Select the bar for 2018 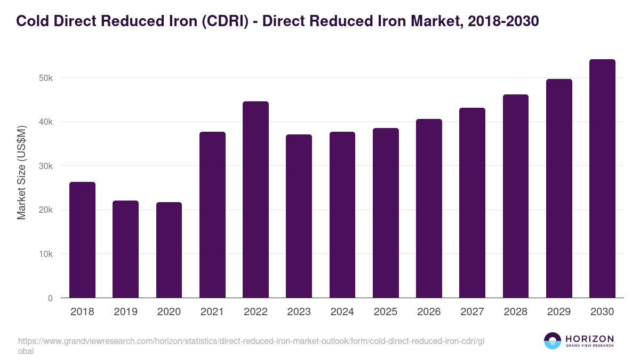[82, 240]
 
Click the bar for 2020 [169, 250]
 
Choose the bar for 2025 [386, 213]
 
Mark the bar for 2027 [472, 203]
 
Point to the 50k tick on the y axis [46, 78]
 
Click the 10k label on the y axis [46, 254]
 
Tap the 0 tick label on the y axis [50, 299]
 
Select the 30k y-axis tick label [46, 166]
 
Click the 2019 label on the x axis [125, 312]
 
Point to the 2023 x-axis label [299, 312]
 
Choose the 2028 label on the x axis [515, 312]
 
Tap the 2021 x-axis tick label [212, 312]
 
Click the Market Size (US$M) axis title [22, 172]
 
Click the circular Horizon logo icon [553, 341]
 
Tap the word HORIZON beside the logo [589, 339]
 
